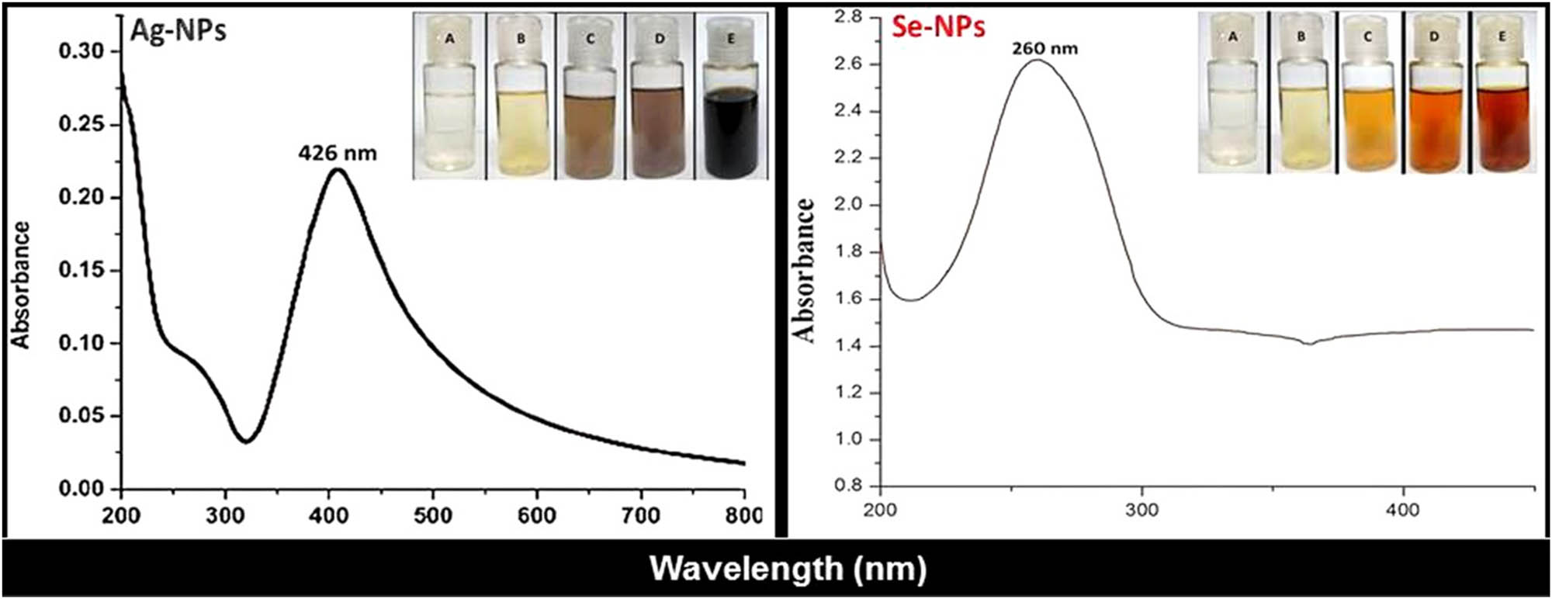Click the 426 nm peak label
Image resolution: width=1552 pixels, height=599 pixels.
click(x=337, y=154)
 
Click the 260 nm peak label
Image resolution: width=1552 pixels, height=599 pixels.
click(x=1044, y=49)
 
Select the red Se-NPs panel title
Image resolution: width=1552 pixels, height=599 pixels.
click(x=937, y=27)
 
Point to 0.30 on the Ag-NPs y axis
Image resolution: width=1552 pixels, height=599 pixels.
click(x=81, y=51)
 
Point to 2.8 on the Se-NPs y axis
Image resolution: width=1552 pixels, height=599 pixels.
click(x=848, y=16)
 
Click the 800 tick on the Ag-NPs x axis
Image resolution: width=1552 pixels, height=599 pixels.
click(x=743, y=515)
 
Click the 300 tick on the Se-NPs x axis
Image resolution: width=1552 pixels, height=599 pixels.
click(x=1141, y=510)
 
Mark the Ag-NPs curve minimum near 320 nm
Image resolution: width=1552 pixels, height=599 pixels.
click(x=246, y=441)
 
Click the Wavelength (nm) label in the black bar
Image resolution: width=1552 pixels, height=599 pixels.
click(x=788, y=569)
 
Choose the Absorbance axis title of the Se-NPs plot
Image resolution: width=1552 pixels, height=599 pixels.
click(x=804, y=270)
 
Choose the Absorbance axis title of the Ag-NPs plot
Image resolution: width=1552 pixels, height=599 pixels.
click(x=21, y=286)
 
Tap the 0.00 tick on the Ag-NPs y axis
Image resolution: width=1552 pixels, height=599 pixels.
click(x=81, y=489)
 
